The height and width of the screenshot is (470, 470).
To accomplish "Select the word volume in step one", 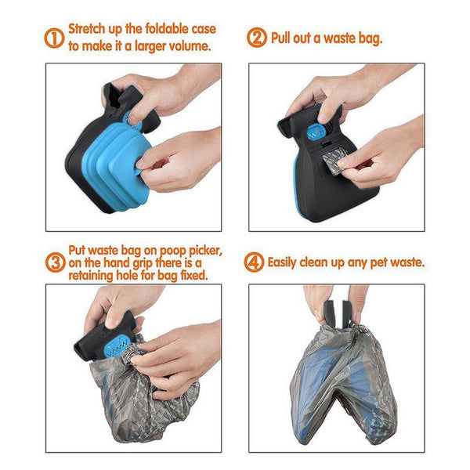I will [x=190, y=46].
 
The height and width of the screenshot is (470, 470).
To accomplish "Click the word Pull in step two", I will [x=283, y=38].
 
